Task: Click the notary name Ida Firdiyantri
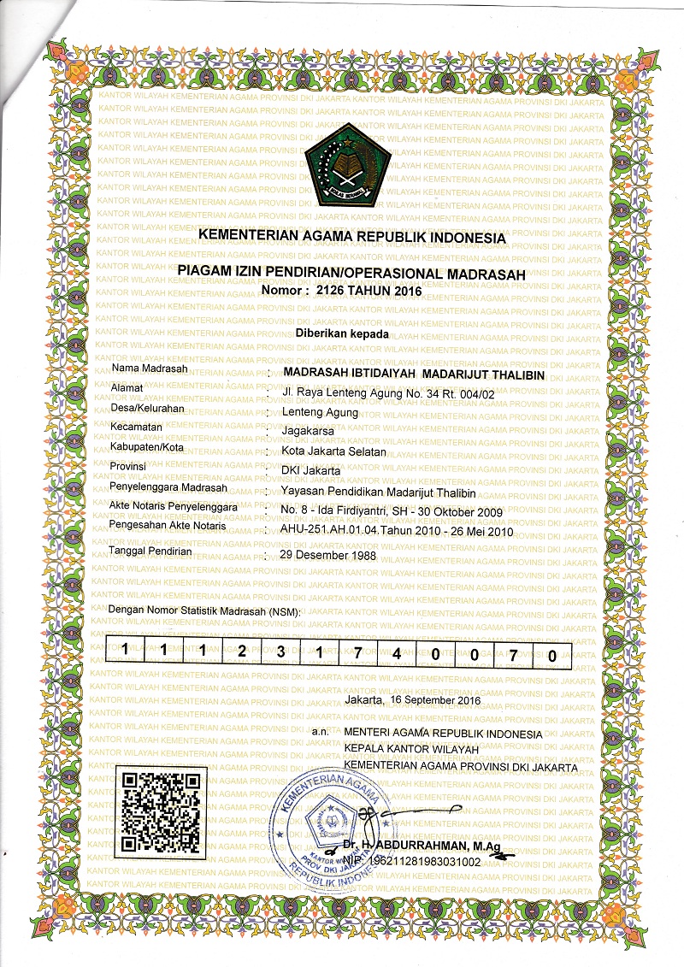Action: pyautogui.click(x=353, y=510)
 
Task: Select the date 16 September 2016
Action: pyautogui.click(x=434, y=699)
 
